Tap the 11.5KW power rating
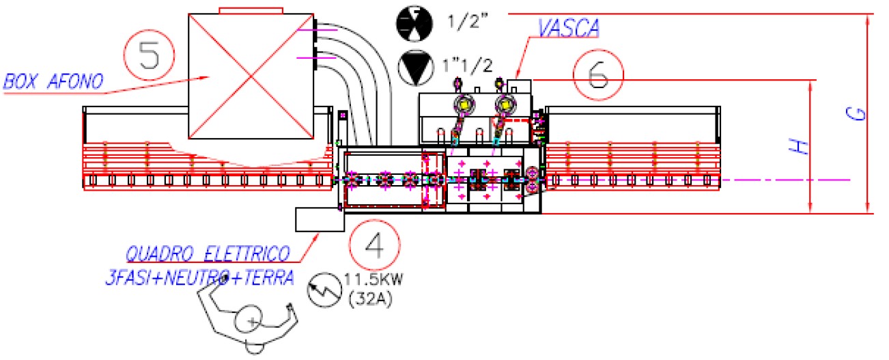tap(370, 279)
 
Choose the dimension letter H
tap(803, 146)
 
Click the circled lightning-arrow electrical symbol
tap(323, 290)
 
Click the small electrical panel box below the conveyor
tap(317, 219)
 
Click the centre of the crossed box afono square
tap(252, 75)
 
